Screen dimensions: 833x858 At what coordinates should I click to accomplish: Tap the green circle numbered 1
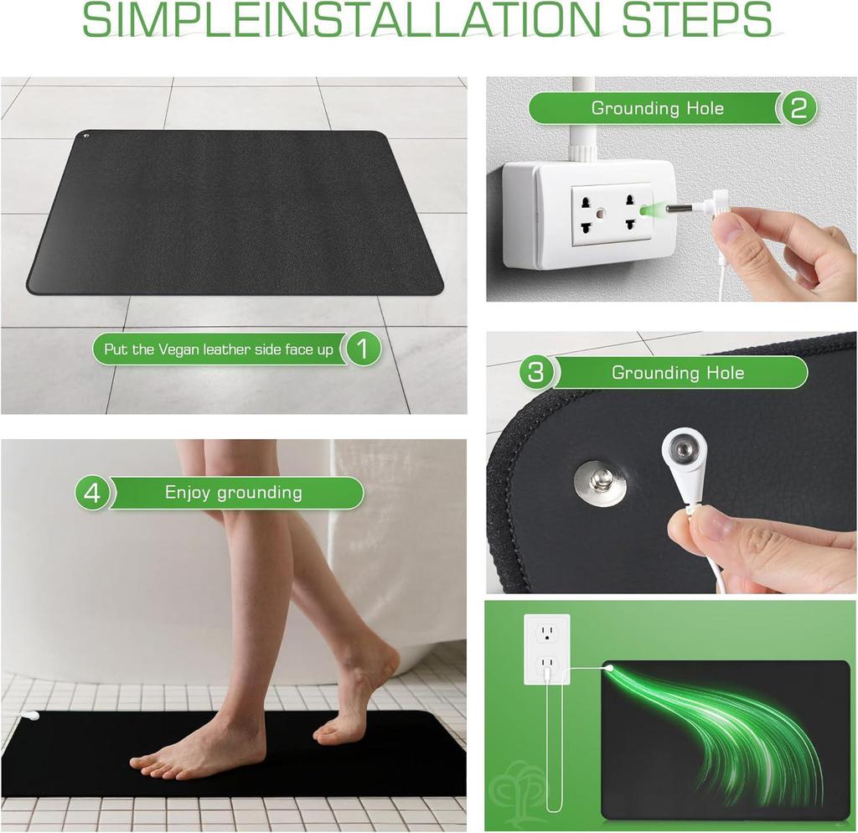tap(362, 349)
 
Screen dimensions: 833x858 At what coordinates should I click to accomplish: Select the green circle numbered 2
tap(798, 108)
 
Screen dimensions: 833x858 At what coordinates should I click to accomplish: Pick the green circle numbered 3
tap(536, 372)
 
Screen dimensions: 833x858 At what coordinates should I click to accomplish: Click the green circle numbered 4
tap(92, 493)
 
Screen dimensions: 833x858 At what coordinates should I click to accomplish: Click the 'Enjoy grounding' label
tap(233, 493)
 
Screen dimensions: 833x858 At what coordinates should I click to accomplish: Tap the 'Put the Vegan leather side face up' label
tap(218, 349)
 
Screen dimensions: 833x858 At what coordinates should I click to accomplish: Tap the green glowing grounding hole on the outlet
tap(644, 210)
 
